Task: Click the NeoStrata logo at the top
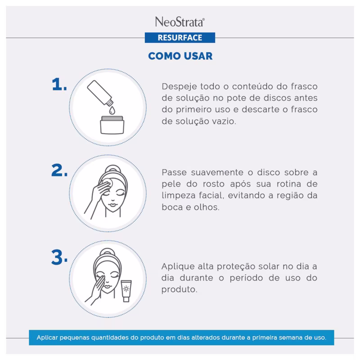[x=180, y=22]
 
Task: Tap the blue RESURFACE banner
[x=180, y=37]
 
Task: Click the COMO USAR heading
[x=180, y=56]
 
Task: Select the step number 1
[x=59, y=84]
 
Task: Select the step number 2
[x=59, y=171]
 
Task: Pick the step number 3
[x=59, y=257]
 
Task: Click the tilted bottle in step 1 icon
[x=100, y=93]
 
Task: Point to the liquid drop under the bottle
[x=112, y=110]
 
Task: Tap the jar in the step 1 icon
[x=112, y=125]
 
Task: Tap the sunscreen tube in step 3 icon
[x=126, y=291]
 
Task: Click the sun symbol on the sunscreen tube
[x=126, y=288]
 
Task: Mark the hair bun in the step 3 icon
[x=108, y=252]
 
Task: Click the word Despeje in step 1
[x=179, y=87]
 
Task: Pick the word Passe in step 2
[x=174, y=172]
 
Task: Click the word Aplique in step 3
[x=178, y=267]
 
